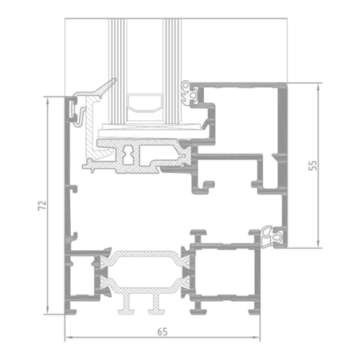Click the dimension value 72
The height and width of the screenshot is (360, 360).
click(42, 205)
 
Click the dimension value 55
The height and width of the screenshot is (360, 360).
click(313, 166)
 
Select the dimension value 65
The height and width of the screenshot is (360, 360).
click(162, 332)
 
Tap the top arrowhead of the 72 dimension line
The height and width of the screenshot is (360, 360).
click(48, 100)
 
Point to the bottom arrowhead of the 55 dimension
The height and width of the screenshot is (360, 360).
click(319, 245)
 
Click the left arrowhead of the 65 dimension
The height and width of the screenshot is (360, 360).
click(68, 338)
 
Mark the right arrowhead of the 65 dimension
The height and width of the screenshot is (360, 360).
click(256, 338)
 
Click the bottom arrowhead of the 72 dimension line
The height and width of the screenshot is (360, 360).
click(48, 311)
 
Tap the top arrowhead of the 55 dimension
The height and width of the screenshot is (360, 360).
click(319, 87)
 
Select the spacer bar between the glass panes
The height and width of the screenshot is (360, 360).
click(144, 102)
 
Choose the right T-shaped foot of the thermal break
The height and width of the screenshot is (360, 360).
click(157, 305)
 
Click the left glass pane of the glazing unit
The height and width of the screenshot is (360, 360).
click(118, 71)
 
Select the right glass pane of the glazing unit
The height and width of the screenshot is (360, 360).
click(172, 71)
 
